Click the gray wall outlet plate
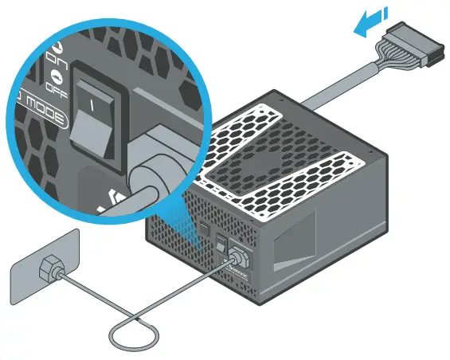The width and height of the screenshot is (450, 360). coord(43,262)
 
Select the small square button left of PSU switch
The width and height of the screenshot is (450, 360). coord(204,232)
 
